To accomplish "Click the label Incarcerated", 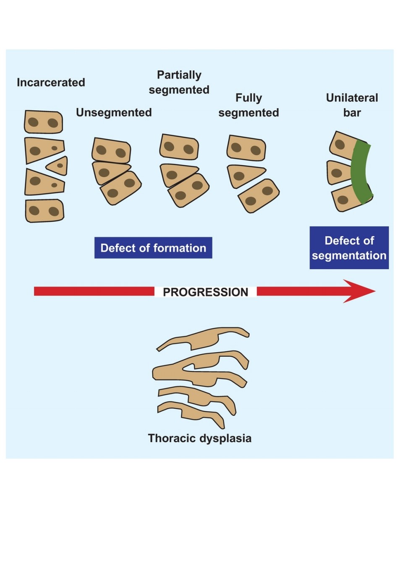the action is [51, 83].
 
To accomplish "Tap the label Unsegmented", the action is [114, 113].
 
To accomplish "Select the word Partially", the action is [179, 75].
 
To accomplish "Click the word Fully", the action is [249, 98].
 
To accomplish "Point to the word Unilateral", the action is [352, 98].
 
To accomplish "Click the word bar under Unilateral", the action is [352, 113].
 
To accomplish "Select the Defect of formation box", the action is [153, 248].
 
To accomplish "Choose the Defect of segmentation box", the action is [349, 248].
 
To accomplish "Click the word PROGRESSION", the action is [205, 292].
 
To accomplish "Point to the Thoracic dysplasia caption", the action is [200, 438].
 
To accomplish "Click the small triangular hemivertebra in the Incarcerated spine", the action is [58, 166].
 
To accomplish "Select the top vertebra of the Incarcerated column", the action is [44, 122].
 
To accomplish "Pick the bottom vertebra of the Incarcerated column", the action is [44, 211].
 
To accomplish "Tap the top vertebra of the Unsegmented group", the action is [111, 151].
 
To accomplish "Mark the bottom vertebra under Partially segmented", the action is [188, 190].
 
